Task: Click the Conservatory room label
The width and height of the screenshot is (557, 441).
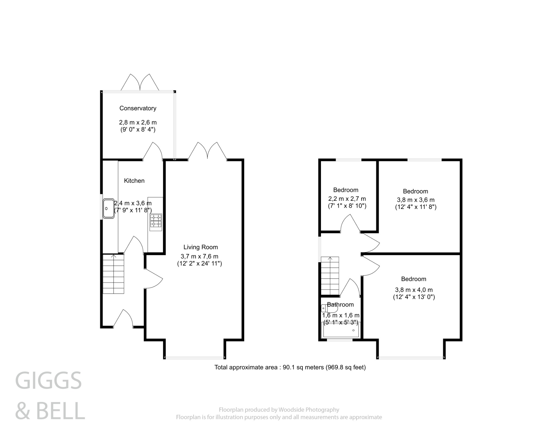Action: [138, 108]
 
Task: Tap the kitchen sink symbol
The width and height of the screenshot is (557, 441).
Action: [109, 208]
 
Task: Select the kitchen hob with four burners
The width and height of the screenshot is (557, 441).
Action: [156, 221]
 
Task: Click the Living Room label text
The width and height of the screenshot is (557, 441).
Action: [200, 247]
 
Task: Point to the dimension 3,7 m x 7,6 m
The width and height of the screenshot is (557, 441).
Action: [199, 256]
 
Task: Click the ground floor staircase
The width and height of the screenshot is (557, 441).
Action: [113, 274]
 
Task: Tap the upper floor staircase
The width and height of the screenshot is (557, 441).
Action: [330, 276]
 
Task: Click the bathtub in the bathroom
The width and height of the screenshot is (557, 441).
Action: [341, 330]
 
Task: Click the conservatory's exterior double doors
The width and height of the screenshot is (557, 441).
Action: [140, 82]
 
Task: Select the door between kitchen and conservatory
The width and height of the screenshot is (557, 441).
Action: [153, 151]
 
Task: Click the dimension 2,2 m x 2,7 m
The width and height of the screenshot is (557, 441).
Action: [347, 199]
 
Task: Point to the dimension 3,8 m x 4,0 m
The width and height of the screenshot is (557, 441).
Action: [414, 290]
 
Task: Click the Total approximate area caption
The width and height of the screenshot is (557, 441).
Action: [290, 367]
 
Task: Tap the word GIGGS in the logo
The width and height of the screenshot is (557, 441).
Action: [48, 381]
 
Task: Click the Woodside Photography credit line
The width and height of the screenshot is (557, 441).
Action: [279, 410]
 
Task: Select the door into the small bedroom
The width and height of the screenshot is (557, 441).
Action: [351, 223]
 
